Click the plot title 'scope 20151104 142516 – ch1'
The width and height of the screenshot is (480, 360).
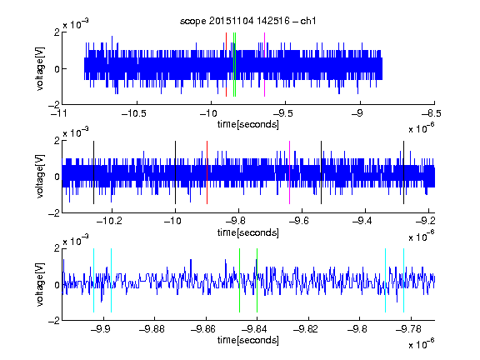(x=248, y=21)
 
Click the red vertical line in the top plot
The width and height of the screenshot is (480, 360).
(x=226, y=65)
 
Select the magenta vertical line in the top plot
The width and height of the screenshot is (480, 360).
(x=264, y=65)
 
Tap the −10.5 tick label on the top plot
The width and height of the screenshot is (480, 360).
(x=134, y=113)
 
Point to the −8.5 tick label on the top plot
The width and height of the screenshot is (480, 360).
(x=432, y=113)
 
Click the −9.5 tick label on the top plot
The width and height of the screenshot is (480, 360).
(x=282, y=113)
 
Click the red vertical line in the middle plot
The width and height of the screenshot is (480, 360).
(x=207, y=172)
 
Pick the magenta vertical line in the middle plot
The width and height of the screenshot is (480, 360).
(x=290, y=172)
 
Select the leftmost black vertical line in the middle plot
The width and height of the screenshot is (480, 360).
(x=93, y=172)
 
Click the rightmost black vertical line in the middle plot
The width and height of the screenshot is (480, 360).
(x=404, y=172)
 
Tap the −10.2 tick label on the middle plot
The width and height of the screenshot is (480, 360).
(x=109, y=221)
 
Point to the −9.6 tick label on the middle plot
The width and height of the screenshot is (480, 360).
(x=299, y=221)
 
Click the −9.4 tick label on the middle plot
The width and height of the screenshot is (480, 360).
(x=362, y=221)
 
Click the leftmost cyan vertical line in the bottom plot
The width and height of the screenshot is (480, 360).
(x=93, y=280)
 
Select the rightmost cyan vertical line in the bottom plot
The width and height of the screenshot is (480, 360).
(x=404, y=280)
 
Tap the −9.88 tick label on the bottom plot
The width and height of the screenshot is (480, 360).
(x=152, y=329)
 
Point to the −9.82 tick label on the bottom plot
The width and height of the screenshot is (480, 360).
(x=306, y=329)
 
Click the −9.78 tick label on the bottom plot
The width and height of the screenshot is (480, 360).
(x=408, y=329)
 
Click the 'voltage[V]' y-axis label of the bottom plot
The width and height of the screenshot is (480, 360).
(x=40, y=284)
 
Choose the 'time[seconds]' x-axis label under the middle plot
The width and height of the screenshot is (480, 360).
(x=248, y=232)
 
